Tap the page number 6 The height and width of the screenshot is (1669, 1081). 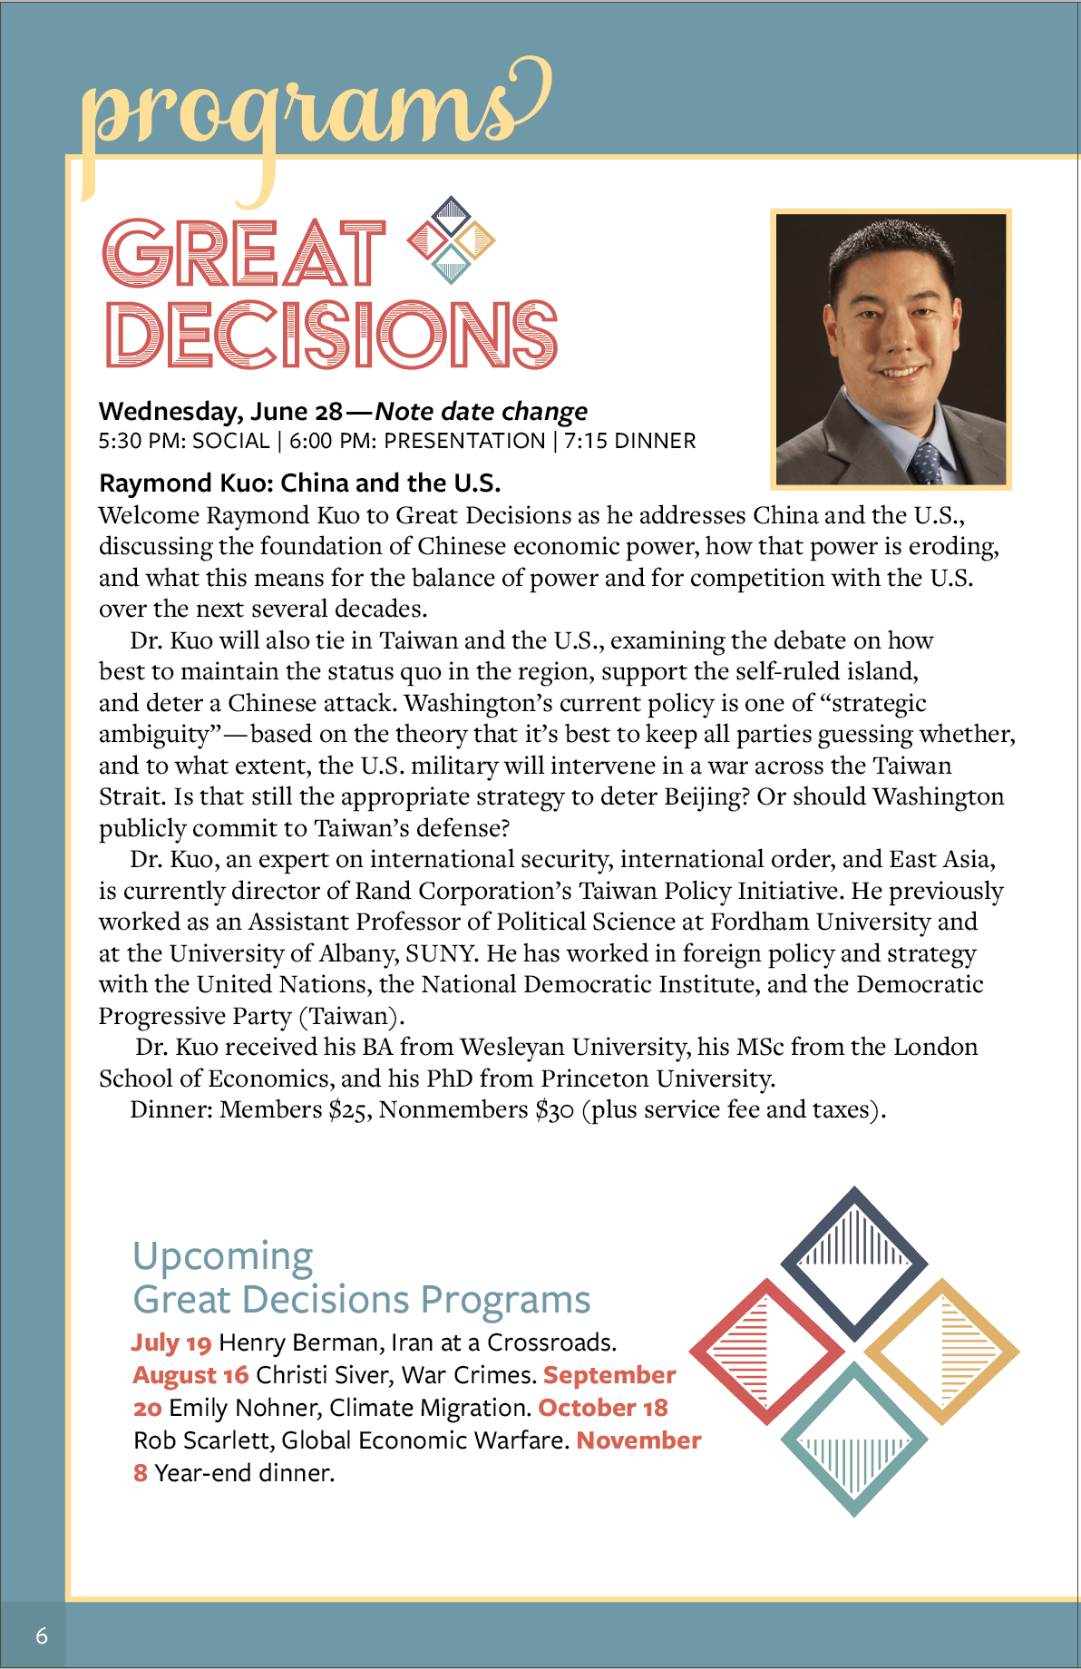coord(42,1635)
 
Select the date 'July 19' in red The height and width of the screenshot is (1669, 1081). coord(171,1342)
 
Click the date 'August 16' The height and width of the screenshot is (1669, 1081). coord(190,1375)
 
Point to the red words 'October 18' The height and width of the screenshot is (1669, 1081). coord(603,1408)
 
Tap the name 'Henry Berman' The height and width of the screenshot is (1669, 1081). coord(298,1342)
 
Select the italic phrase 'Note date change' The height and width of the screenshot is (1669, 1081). coord(482,412)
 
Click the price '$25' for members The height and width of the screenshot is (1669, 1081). coord(350,1110)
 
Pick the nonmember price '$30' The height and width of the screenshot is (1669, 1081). coord(554,1110)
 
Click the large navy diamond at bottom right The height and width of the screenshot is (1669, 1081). coord(853,1261)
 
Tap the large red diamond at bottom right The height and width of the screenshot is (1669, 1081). coord(766,1352)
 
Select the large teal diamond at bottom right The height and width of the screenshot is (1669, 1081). coord(853,1440)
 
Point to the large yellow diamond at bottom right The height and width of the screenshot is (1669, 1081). coord(941,1352)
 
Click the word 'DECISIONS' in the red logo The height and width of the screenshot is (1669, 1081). coord(331,335)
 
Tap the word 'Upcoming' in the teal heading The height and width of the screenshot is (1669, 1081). coord(223,1257)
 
